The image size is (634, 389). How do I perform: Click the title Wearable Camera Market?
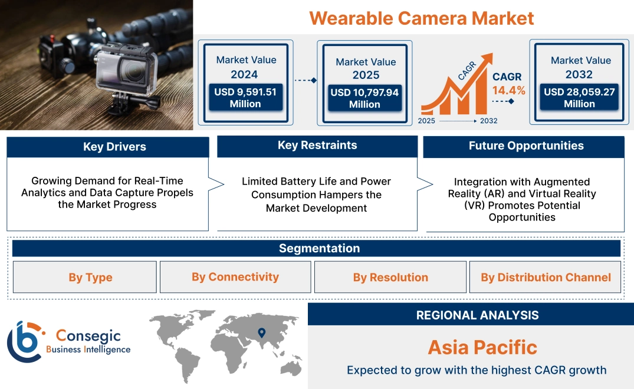421,18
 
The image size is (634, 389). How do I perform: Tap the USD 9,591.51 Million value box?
245,98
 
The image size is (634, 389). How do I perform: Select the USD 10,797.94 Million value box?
364,98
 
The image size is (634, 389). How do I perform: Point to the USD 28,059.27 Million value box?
579,98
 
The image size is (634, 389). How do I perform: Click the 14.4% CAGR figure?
509,91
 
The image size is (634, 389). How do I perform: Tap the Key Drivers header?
114,147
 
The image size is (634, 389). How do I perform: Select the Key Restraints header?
317,146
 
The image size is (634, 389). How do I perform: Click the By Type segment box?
90,277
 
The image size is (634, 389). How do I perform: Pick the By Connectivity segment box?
235,277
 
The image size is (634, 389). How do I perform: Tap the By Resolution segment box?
390,277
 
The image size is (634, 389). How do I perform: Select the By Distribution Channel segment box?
546,277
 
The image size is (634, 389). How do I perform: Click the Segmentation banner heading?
319,248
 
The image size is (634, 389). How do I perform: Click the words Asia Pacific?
482,347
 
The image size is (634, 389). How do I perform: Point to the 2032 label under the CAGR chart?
489,121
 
